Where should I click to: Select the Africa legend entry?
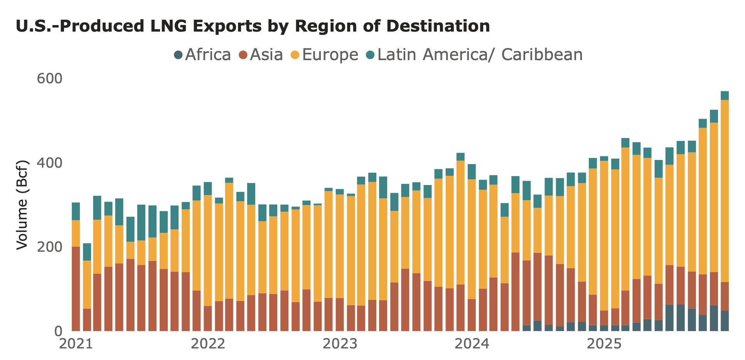click(203, 55)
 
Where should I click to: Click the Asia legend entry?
click(261, 55)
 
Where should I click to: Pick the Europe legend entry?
click(325, 55)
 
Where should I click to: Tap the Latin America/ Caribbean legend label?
click(474, 55)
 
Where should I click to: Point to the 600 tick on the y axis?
click(49, 79)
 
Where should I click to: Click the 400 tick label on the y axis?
click(49, 163)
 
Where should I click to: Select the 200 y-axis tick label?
click(49, 247)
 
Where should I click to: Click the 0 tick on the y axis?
click(58, 331)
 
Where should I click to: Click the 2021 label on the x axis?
click(76, 343)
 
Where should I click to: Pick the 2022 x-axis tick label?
click(208, 343)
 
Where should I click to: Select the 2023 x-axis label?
click(340, 343)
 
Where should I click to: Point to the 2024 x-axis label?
click(472, 343)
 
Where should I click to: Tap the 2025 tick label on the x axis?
click(604, 343)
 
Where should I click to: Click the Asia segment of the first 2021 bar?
click(76, 289)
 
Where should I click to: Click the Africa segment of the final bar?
click(725, 321)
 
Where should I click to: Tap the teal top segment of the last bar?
click(725, 96)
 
